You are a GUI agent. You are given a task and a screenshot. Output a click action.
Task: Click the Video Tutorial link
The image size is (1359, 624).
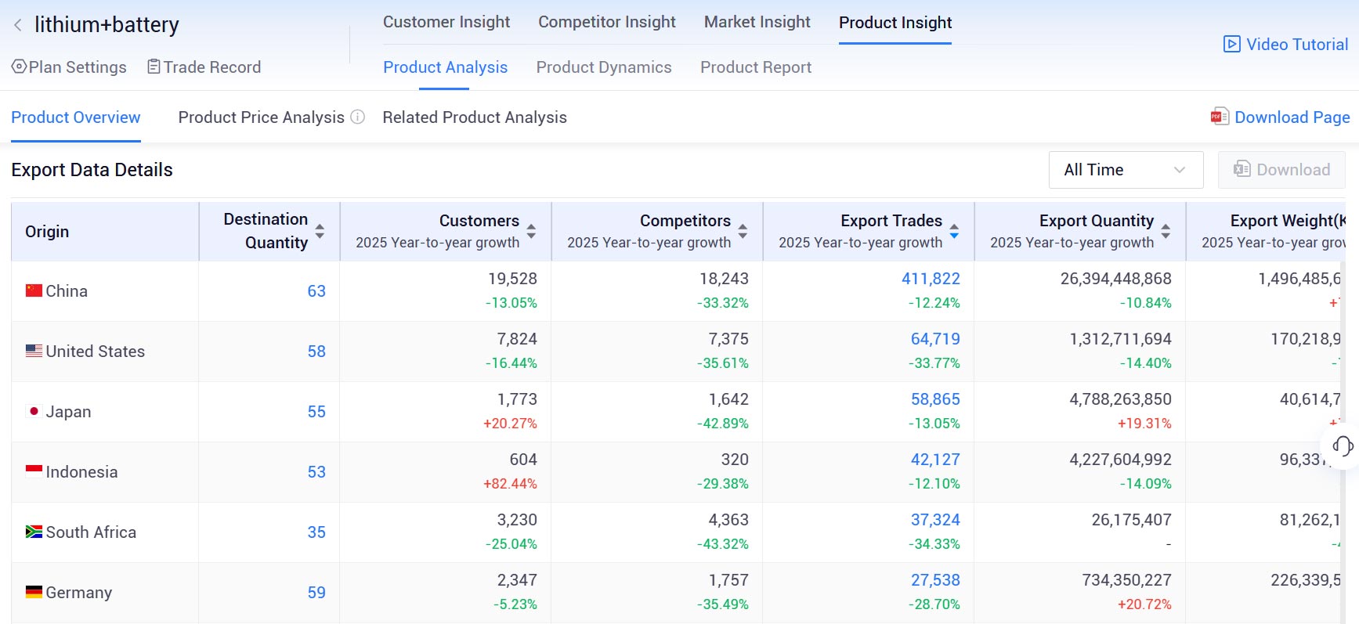[x=1286, y=45]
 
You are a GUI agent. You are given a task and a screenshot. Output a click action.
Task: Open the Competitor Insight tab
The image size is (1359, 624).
[x=606, y=22]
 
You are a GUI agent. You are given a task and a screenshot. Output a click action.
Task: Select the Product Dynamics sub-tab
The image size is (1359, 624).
[x=603, y=67]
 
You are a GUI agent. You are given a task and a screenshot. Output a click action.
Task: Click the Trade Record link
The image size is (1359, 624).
[x=204, y=67]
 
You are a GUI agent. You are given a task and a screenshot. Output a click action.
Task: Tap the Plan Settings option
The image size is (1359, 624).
[x=69, y=67]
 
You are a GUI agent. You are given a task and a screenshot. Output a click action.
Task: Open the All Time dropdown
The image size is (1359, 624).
[x=1125, y=170]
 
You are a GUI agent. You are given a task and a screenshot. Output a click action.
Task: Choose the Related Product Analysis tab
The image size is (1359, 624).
[x=474, y=117]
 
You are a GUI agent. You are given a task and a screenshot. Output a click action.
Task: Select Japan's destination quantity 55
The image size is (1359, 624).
[x=316, y=412]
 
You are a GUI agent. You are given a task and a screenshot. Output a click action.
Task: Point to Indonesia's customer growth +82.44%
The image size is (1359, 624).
[x=510, y=484]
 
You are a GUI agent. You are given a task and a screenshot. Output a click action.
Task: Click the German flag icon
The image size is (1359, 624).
[x=34, y=592]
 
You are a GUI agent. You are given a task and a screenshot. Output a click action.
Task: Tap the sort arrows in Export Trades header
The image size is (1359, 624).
[x=954, y=232]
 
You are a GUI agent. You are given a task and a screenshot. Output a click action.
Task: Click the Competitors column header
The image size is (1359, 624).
[x=685, y=221]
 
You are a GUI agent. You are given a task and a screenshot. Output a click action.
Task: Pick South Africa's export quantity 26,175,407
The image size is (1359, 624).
[x=1131, y=520]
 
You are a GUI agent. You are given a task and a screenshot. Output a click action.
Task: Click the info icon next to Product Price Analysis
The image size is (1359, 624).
[x=357, y=117]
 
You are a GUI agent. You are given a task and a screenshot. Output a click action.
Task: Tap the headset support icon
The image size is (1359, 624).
[x=1343, y=446]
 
